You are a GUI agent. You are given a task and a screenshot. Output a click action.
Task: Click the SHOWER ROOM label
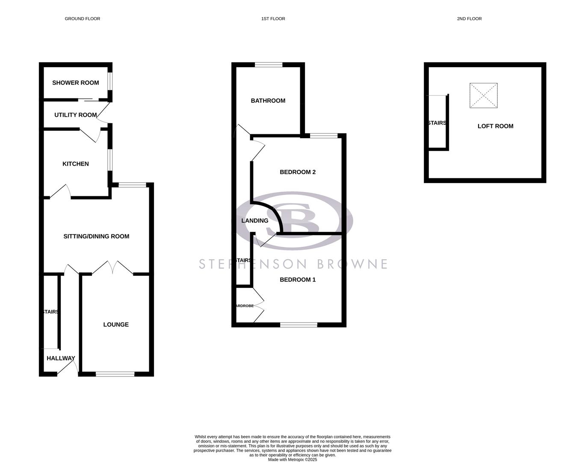[x=75, y=83]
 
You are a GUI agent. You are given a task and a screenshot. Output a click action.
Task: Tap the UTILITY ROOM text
[x=75, y=115]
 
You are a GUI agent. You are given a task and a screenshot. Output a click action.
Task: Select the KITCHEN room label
[x=75, y=164]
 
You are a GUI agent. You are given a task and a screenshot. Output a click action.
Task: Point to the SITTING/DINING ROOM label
[x=96, y=236]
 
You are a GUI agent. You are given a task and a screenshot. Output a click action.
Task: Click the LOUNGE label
[x=116, y=324]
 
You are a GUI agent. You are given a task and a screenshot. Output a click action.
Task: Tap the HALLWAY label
[x=61, y=358]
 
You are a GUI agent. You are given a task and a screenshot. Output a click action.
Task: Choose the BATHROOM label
[x=268, y=101]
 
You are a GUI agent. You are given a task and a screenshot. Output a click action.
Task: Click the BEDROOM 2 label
[x=298, y=172]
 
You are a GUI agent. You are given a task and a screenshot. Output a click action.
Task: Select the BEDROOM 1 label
[x=298, y=279]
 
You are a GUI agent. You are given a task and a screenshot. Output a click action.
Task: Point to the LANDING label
[x=255, y=221]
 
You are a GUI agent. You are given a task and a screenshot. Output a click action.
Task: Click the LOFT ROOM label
[x=495, y=126]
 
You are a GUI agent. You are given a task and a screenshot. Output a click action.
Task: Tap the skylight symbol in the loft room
[x=484, y=95]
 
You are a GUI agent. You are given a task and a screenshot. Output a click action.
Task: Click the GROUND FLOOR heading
[x=83, y=19]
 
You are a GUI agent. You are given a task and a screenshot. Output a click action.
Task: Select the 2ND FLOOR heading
[x=469, y=19]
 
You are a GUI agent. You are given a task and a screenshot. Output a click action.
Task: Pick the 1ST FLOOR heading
[x=273, y=19]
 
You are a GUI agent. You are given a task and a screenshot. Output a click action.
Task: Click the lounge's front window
[x=115, y=374]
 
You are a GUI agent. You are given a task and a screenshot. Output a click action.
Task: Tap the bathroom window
[x=269, y=65]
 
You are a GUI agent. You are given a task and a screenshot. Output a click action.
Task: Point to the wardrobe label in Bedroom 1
[x=245, y=306]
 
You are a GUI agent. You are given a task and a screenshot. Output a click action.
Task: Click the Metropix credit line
[x=292, y=460]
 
